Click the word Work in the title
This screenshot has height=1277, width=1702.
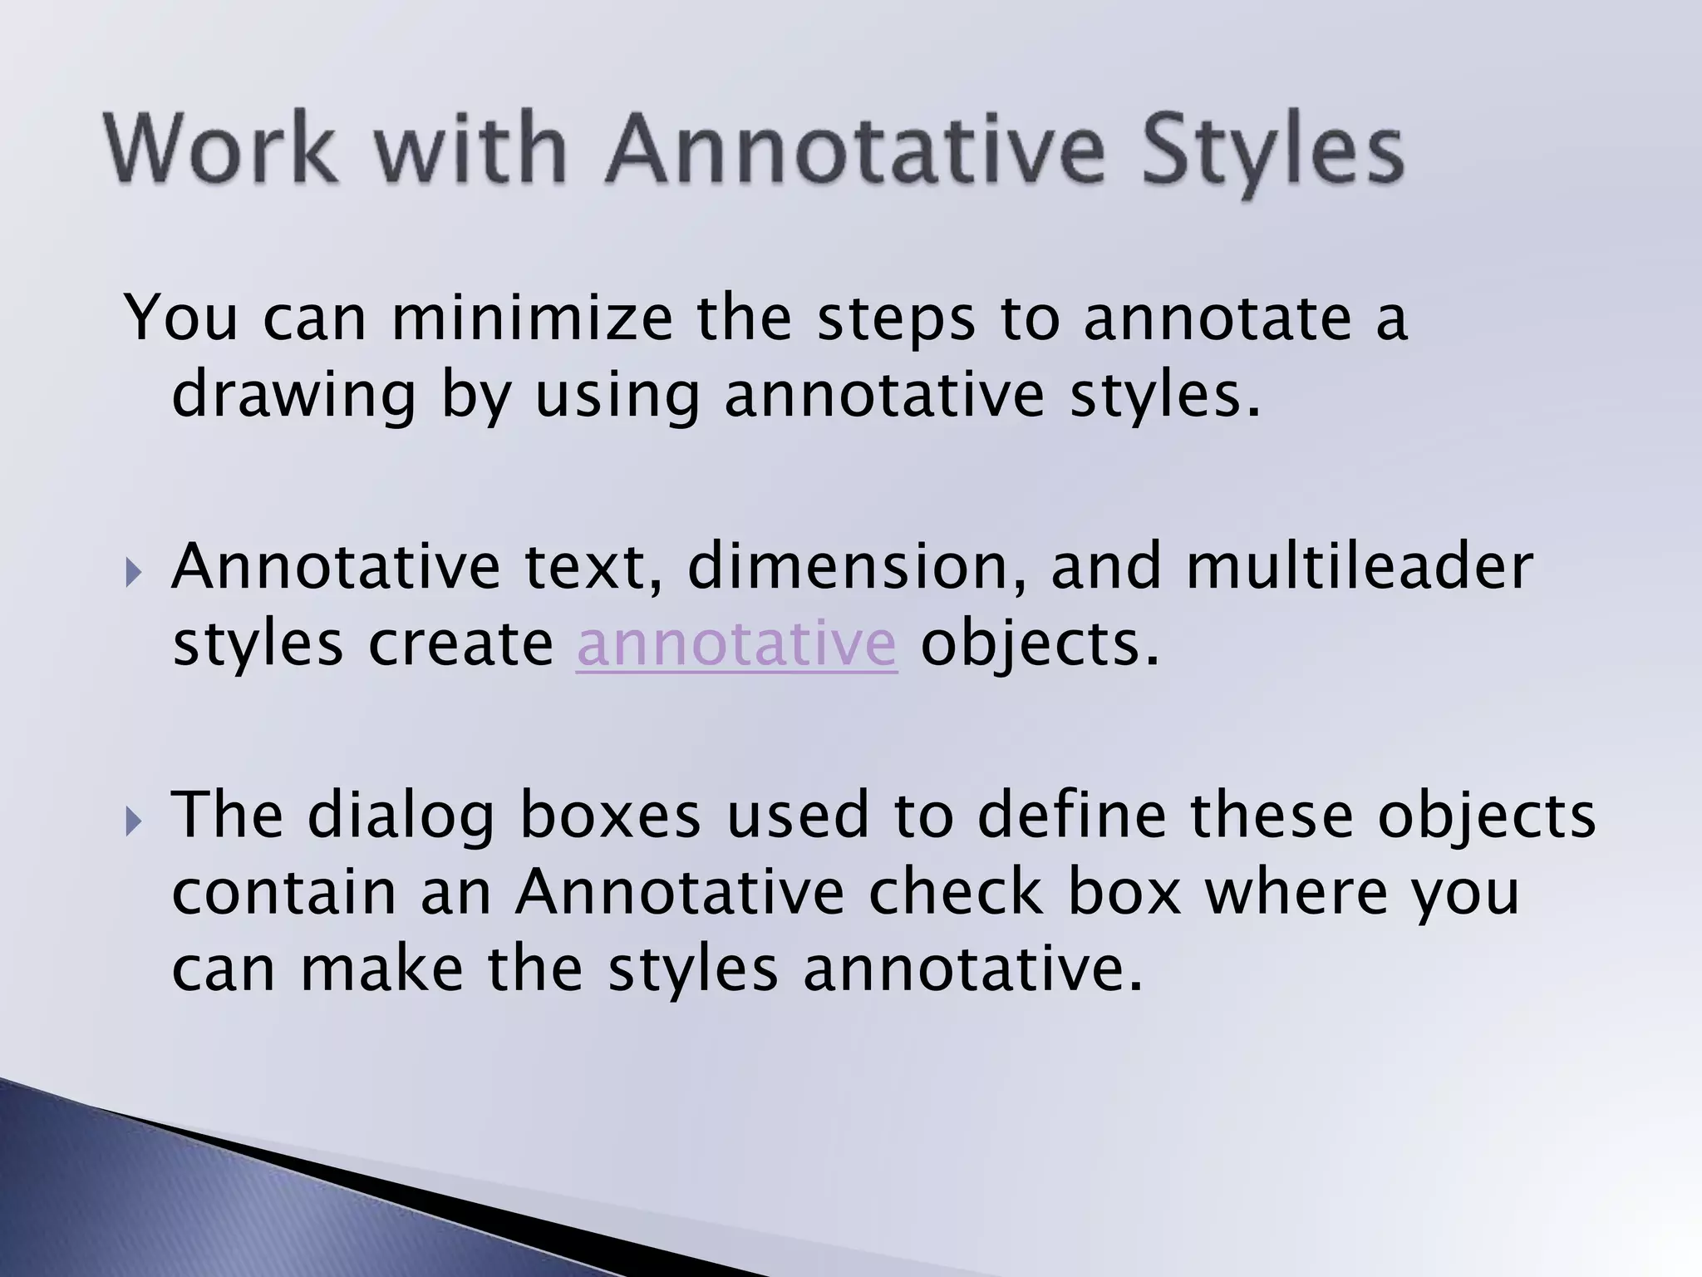click(x=221, y=150)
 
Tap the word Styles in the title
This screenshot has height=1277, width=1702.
click(x=1272, y=150)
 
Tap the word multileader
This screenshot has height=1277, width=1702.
click(x=1359, y=567)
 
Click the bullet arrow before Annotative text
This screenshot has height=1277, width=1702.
click(x=134, y=573)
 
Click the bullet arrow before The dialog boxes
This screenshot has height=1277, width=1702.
click(x=134, y=822)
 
